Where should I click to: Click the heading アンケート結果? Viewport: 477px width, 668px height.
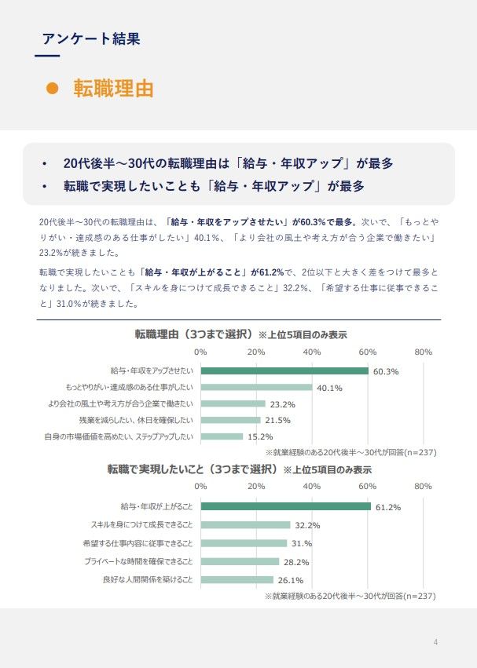coord(93,38)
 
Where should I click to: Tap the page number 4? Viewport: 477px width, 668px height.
coord(435,643)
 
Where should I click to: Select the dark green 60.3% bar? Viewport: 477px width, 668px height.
coord(284,371)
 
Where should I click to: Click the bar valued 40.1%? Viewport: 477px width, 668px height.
coord(256,387)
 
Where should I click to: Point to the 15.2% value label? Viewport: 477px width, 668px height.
coord(260,437)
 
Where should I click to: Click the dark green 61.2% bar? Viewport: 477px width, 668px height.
coord(285,506)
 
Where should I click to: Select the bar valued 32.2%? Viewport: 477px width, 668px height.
coord(245,524)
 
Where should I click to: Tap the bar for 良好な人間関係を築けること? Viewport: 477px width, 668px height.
coord(237,579)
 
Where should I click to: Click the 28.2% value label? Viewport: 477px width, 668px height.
coord(296,562)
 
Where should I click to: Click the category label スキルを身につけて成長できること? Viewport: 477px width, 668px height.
coord(142,524)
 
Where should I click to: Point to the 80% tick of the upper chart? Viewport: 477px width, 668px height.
coord(423,352)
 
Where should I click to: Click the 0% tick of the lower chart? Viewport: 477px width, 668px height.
coord(200,487)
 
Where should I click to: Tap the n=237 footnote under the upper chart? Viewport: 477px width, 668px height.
coord(350,453)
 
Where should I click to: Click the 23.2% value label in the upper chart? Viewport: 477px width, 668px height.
coord(282,404)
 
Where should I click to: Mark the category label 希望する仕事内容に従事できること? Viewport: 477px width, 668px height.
coord(138,543)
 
